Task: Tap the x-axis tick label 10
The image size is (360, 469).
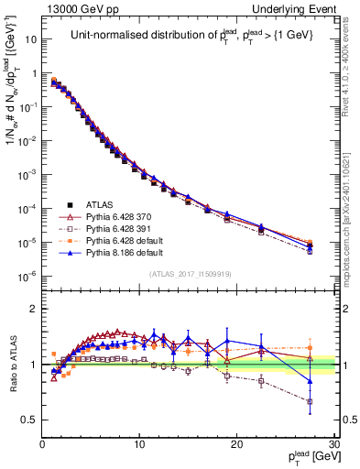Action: point(139,443)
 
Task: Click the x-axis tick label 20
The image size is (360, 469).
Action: point(236,443)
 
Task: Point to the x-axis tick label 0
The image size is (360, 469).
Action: point(43,443)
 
